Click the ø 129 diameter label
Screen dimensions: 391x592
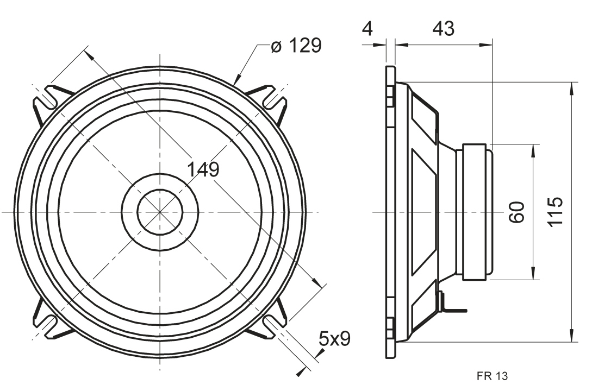point(296,46)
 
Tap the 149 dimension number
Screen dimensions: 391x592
point(203,170)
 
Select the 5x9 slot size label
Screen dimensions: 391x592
point(334,339)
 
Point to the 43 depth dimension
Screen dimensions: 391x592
point(443,28)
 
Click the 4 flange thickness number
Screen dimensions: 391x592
point(367,28)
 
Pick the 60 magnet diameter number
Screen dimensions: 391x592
point(516,212)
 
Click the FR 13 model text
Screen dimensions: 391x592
point(492,376)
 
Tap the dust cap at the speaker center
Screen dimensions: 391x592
point(160,212)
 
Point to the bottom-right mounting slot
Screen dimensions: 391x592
point(273,324)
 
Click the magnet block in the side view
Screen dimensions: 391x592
point(477,212)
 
